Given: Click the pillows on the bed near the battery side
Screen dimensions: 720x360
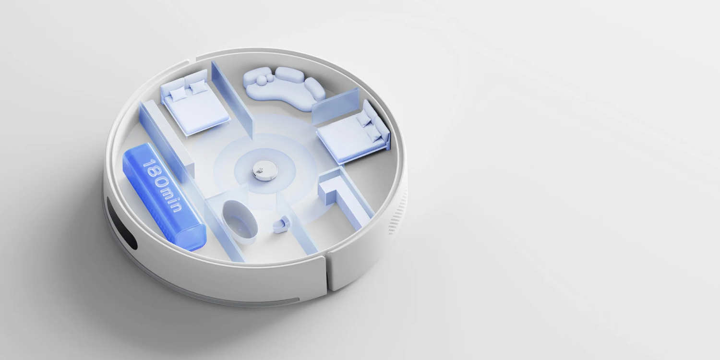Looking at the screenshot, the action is click(x=188, y=90).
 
